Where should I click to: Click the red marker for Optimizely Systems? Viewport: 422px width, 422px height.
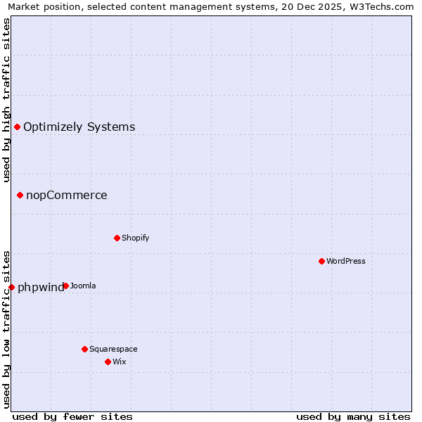click(x=17, y=127)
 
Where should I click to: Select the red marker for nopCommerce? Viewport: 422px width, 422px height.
click(x=20, y=195)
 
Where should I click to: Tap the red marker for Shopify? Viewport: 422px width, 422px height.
click(x=117, y=238)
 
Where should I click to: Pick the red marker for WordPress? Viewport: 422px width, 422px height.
click(x=321, y=261)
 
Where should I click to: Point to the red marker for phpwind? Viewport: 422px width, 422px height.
click(x=11, y=287)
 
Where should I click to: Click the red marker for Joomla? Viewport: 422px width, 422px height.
click(x=65, y=286)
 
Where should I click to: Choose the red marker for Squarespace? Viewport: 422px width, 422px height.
click(x=84, y=349)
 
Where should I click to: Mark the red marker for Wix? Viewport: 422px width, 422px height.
click(x=108, y=362)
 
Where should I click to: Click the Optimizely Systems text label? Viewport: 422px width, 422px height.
click(x=79, y=127)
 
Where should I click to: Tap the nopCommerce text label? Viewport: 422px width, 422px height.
click(x=67, y=196)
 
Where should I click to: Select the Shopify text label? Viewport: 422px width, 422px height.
click(x=135, y=238)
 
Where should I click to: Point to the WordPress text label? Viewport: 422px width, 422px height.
click(x=345, y=261)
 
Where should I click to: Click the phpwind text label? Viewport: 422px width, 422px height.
click(x=39, y=288)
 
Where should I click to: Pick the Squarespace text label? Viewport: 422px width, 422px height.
click(x=113, y=349)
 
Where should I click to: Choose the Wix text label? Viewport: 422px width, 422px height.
click(x=119, y=362)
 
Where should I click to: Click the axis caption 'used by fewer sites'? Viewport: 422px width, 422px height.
click(x=72, y=416)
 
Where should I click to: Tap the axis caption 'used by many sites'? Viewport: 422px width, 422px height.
click(x=352, y=416)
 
